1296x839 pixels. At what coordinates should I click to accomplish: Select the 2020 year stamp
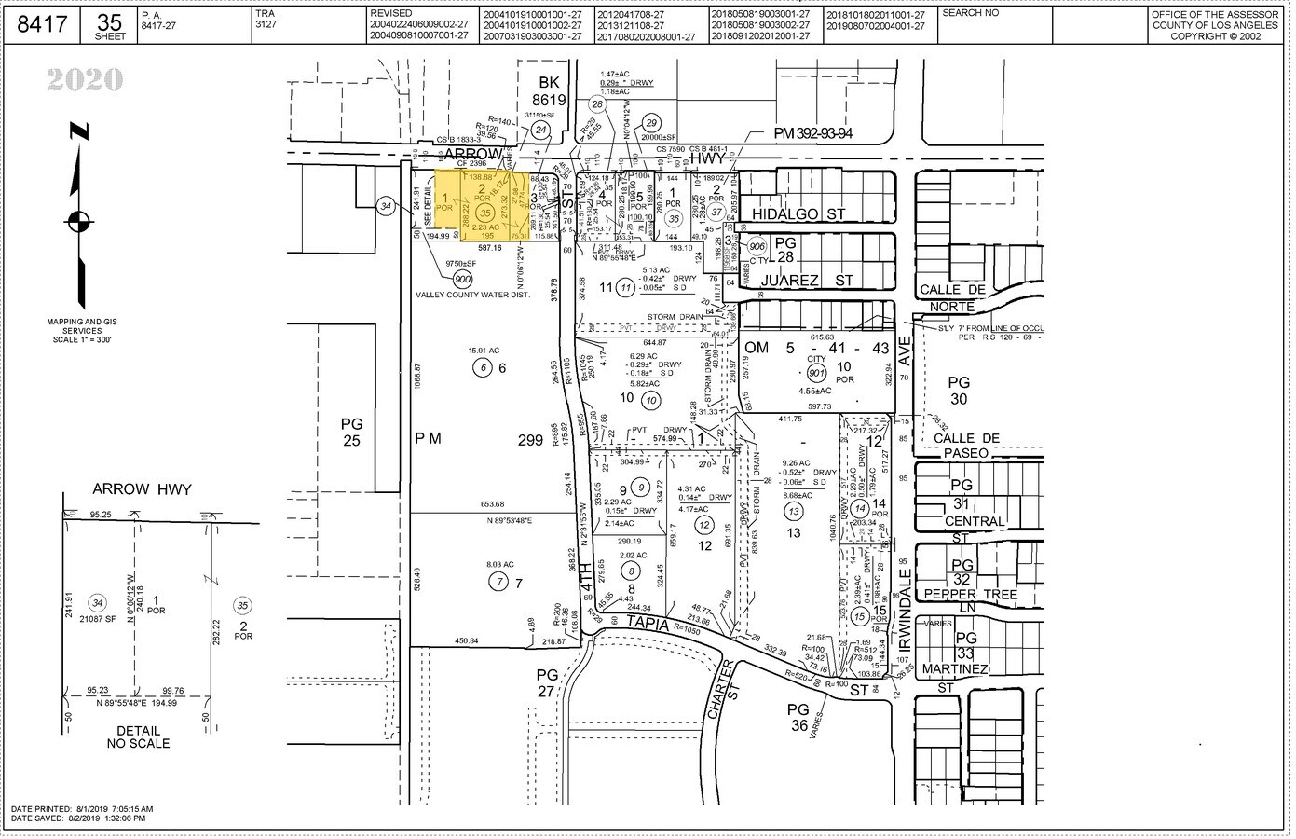pos(85,81)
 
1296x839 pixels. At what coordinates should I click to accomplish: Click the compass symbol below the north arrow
pos(78,222)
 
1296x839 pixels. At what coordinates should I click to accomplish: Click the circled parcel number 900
pos(462,278)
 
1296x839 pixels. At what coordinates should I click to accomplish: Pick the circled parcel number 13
pos(794,511)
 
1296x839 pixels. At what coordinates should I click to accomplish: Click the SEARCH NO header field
pos(971,14)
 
